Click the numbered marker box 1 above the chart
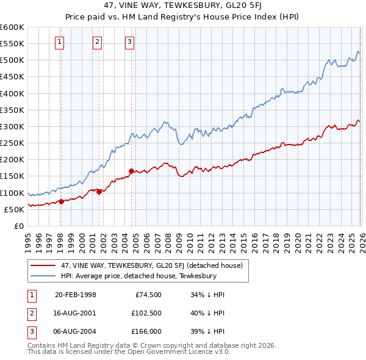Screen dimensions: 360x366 click(60, 42)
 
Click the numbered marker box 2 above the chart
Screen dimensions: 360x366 click(97, 42)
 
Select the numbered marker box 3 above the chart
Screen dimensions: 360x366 click(130, 42)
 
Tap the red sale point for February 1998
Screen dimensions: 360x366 click(61, 201)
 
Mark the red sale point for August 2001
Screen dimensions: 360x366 click(99, 192)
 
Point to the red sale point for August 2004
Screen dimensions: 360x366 click(131, 171)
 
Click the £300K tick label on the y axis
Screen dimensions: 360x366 click(12, 126)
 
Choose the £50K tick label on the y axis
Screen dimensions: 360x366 click(13, 209)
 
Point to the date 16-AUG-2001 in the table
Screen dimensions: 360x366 click(75, 312)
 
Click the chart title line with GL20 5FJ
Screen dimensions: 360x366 click(182, 8)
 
